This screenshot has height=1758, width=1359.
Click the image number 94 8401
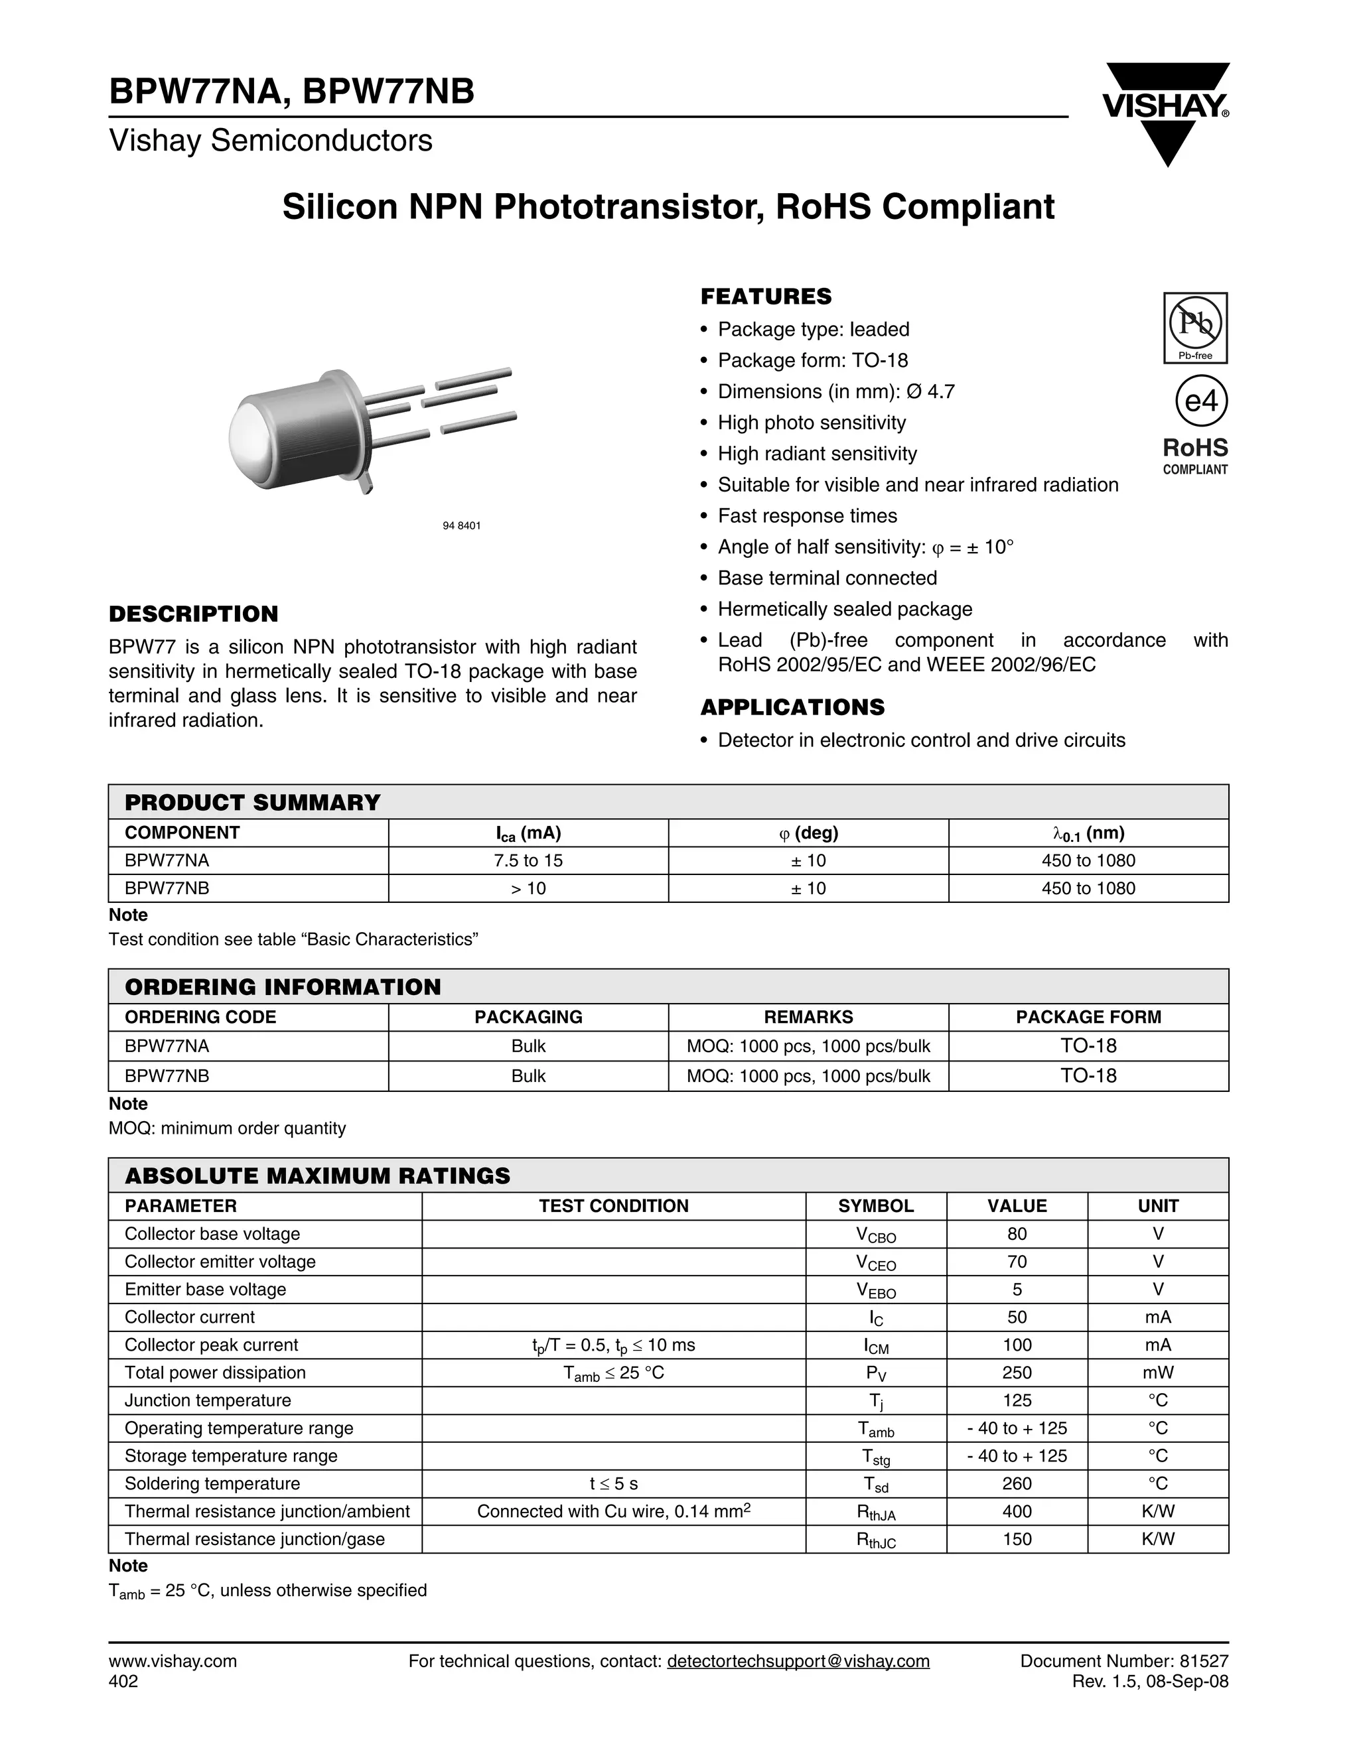point(461,525)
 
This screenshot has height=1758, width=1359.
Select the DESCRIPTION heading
point(193,614)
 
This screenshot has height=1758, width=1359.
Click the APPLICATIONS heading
point(792,708)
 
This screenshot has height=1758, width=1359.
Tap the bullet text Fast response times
point(807,516)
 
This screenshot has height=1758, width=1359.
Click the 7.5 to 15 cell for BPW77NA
point(528,860)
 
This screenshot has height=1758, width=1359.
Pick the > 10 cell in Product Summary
point(528,889)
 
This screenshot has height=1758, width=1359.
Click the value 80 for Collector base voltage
point(1017,1234)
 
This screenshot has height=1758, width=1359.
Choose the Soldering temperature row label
point(212,1483)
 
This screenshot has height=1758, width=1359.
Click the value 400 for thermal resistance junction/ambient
point(1017,1511)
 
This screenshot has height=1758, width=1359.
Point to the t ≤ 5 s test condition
point(614,1483)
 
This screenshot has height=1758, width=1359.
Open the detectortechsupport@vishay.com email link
point(798,1661)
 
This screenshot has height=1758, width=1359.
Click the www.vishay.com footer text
point(173,1661)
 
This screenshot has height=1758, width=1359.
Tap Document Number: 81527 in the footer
point(1124,1661)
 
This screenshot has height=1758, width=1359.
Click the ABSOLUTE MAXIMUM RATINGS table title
point(317,1176)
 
